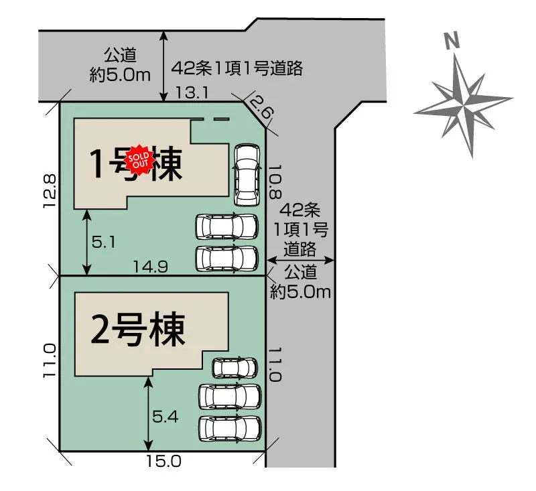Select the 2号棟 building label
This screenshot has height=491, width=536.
(137, 330)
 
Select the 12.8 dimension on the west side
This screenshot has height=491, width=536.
(48, 191)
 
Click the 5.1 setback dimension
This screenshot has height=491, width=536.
(105, 242)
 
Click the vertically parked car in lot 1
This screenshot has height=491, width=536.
(246, 175)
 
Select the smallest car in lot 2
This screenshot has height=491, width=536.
(234, 368)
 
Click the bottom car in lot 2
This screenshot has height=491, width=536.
(230, 427)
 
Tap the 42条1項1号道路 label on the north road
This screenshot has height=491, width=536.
(238, 68)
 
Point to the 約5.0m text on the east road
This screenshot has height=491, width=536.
(301, 291)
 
